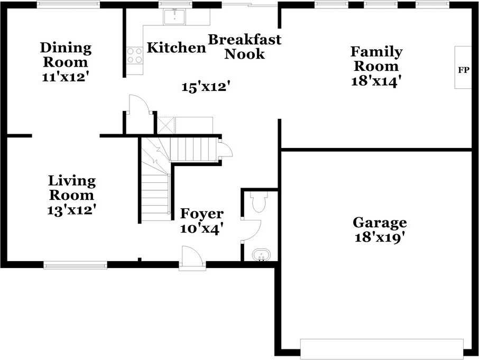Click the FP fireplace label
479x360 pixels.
[464, 70]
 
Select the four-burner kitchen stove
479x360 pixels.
[135, 56]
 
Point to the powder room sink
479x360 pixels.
[261, 255]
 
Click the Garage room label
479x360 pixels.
[380, 223]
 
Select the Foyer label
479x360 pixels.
[202, 214]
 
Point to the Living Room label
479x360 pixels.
[71, 188]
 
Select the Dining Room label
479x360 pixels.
[66, 54]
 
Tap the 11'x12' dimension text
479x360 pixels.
[65, 76]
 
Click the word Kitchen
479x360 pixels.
[176, 48]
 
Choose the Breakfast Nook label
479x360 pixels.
[244, 47]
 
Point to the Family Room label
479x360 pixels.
[376, 59]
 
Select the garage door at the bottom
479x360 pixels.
[382, 349]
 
